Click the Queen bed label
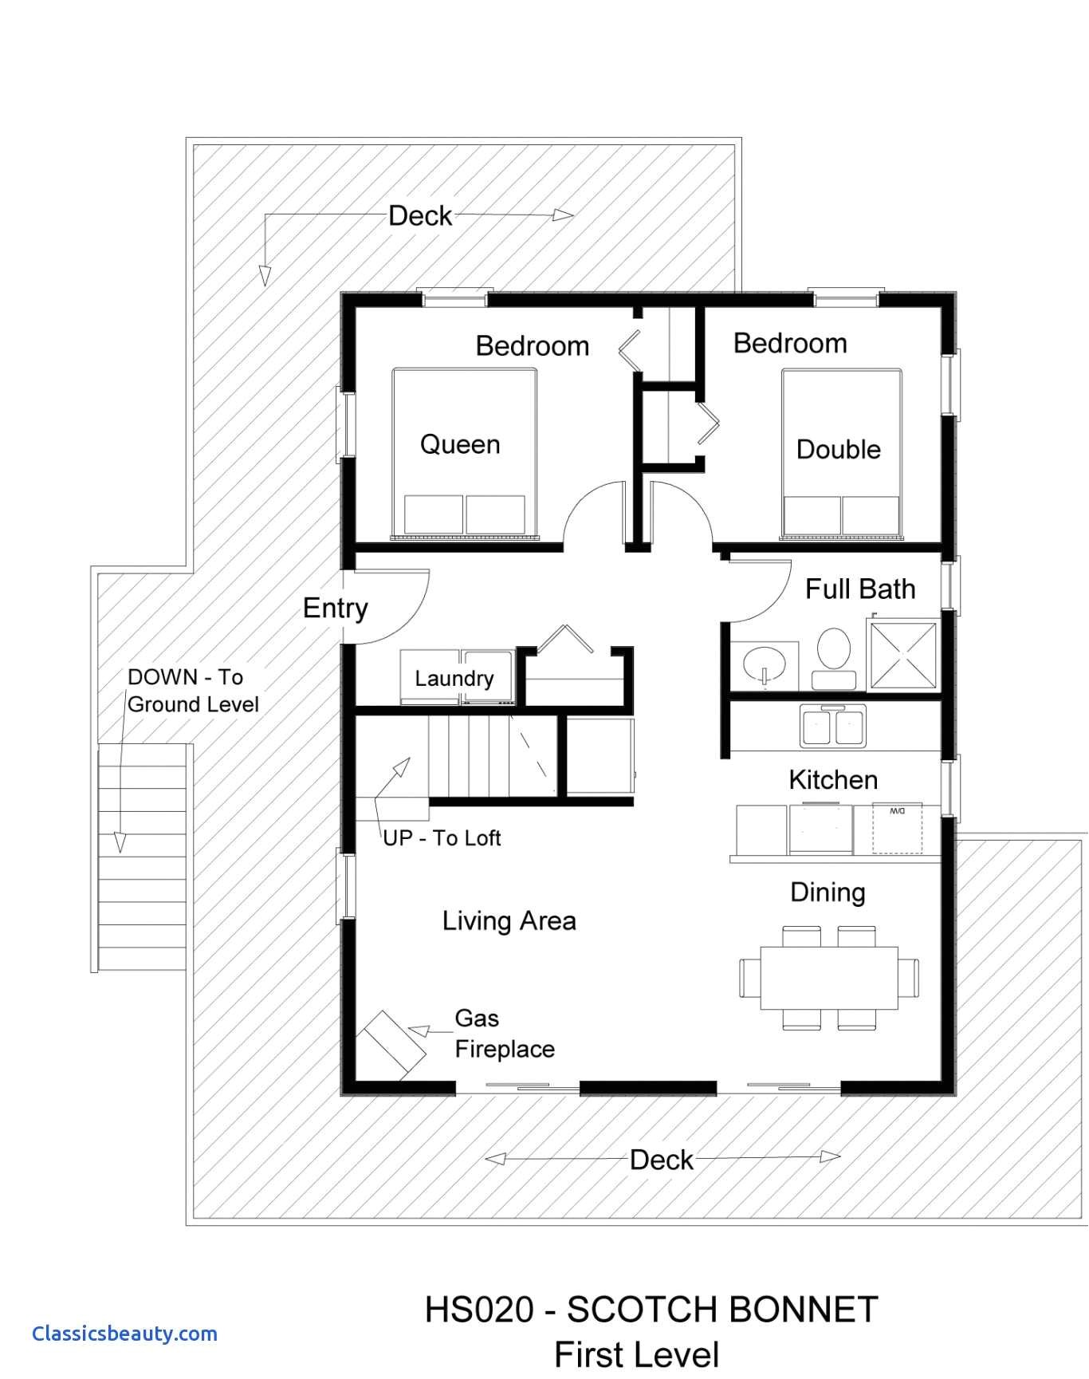pyautogui.click(x=460, y=444)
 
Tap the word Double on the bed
pyautogui.click(x=839, y=449)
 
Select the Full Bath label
pyautogui.click(x=860, y=589)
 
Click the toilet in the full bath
pyautogui.click(x=834, y=659)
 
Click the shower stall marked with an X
pyautogui.click(x=903, y=655)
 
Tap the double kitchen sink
pyautogui.click(x=833, y=726)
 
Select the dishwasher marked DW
pyautogui.click(x=898, y=829)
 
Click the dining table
pyautogui.click(x=829, y=978)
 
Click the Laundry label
pyautogui.click(x=454, y=679)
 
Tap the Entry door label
pyautogui.click(x=336, y=609)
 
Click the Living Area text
pyautogui.click(x=509, y=921)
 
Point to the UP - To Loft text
pyautogui.click(x=442, y=837)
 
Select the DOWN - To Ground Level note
pyautogui.click(x=194, y=691)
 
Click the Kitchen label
pyautogui.click(x=833, y=779)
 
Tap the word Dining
pyautogui.click(x=828, y=892)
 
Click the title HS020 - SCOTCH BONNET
pyautogui.click(x=651, y=1310)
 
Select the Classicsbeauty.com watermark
pyautogui.click(x=124, y=1334)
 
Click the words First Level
pyautogui.click(x=636, y=1355)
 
